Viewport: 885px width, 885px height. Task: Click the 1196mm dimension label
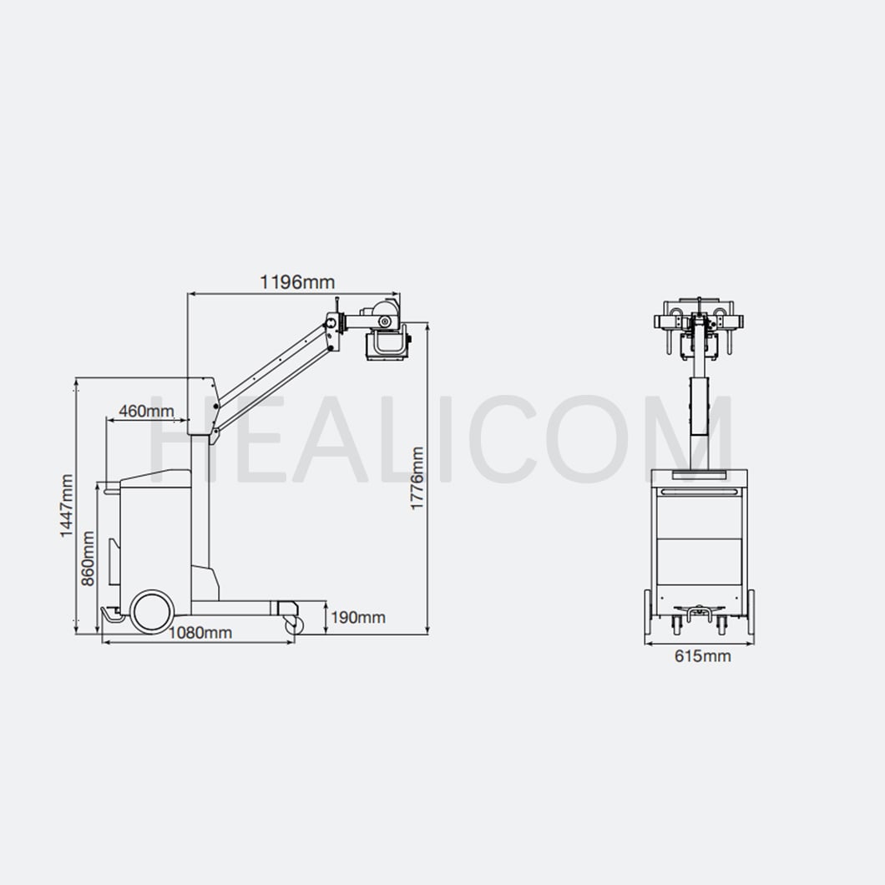coord(297,281)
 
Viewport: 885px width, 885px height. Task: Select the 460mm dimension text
coord(146,411)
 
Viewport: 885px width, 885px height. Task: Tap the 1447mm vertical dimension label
coord(67,506)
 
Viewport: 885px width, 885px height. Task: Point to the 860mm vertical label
coord(88,559)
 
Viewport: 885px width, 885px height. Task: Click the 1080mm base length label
coord(200,633)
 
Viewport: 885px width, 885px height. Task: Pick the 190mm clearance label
coord(358,618)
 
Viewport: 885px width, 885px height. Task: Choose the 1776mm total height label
coord(417,478)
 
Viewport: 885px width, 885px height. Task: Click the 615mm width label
coord(703,656)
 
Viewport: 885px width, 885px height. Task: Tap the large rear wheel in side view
coord(151,610)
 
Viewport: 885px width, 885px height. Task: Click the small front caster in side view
coord(294,625)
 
